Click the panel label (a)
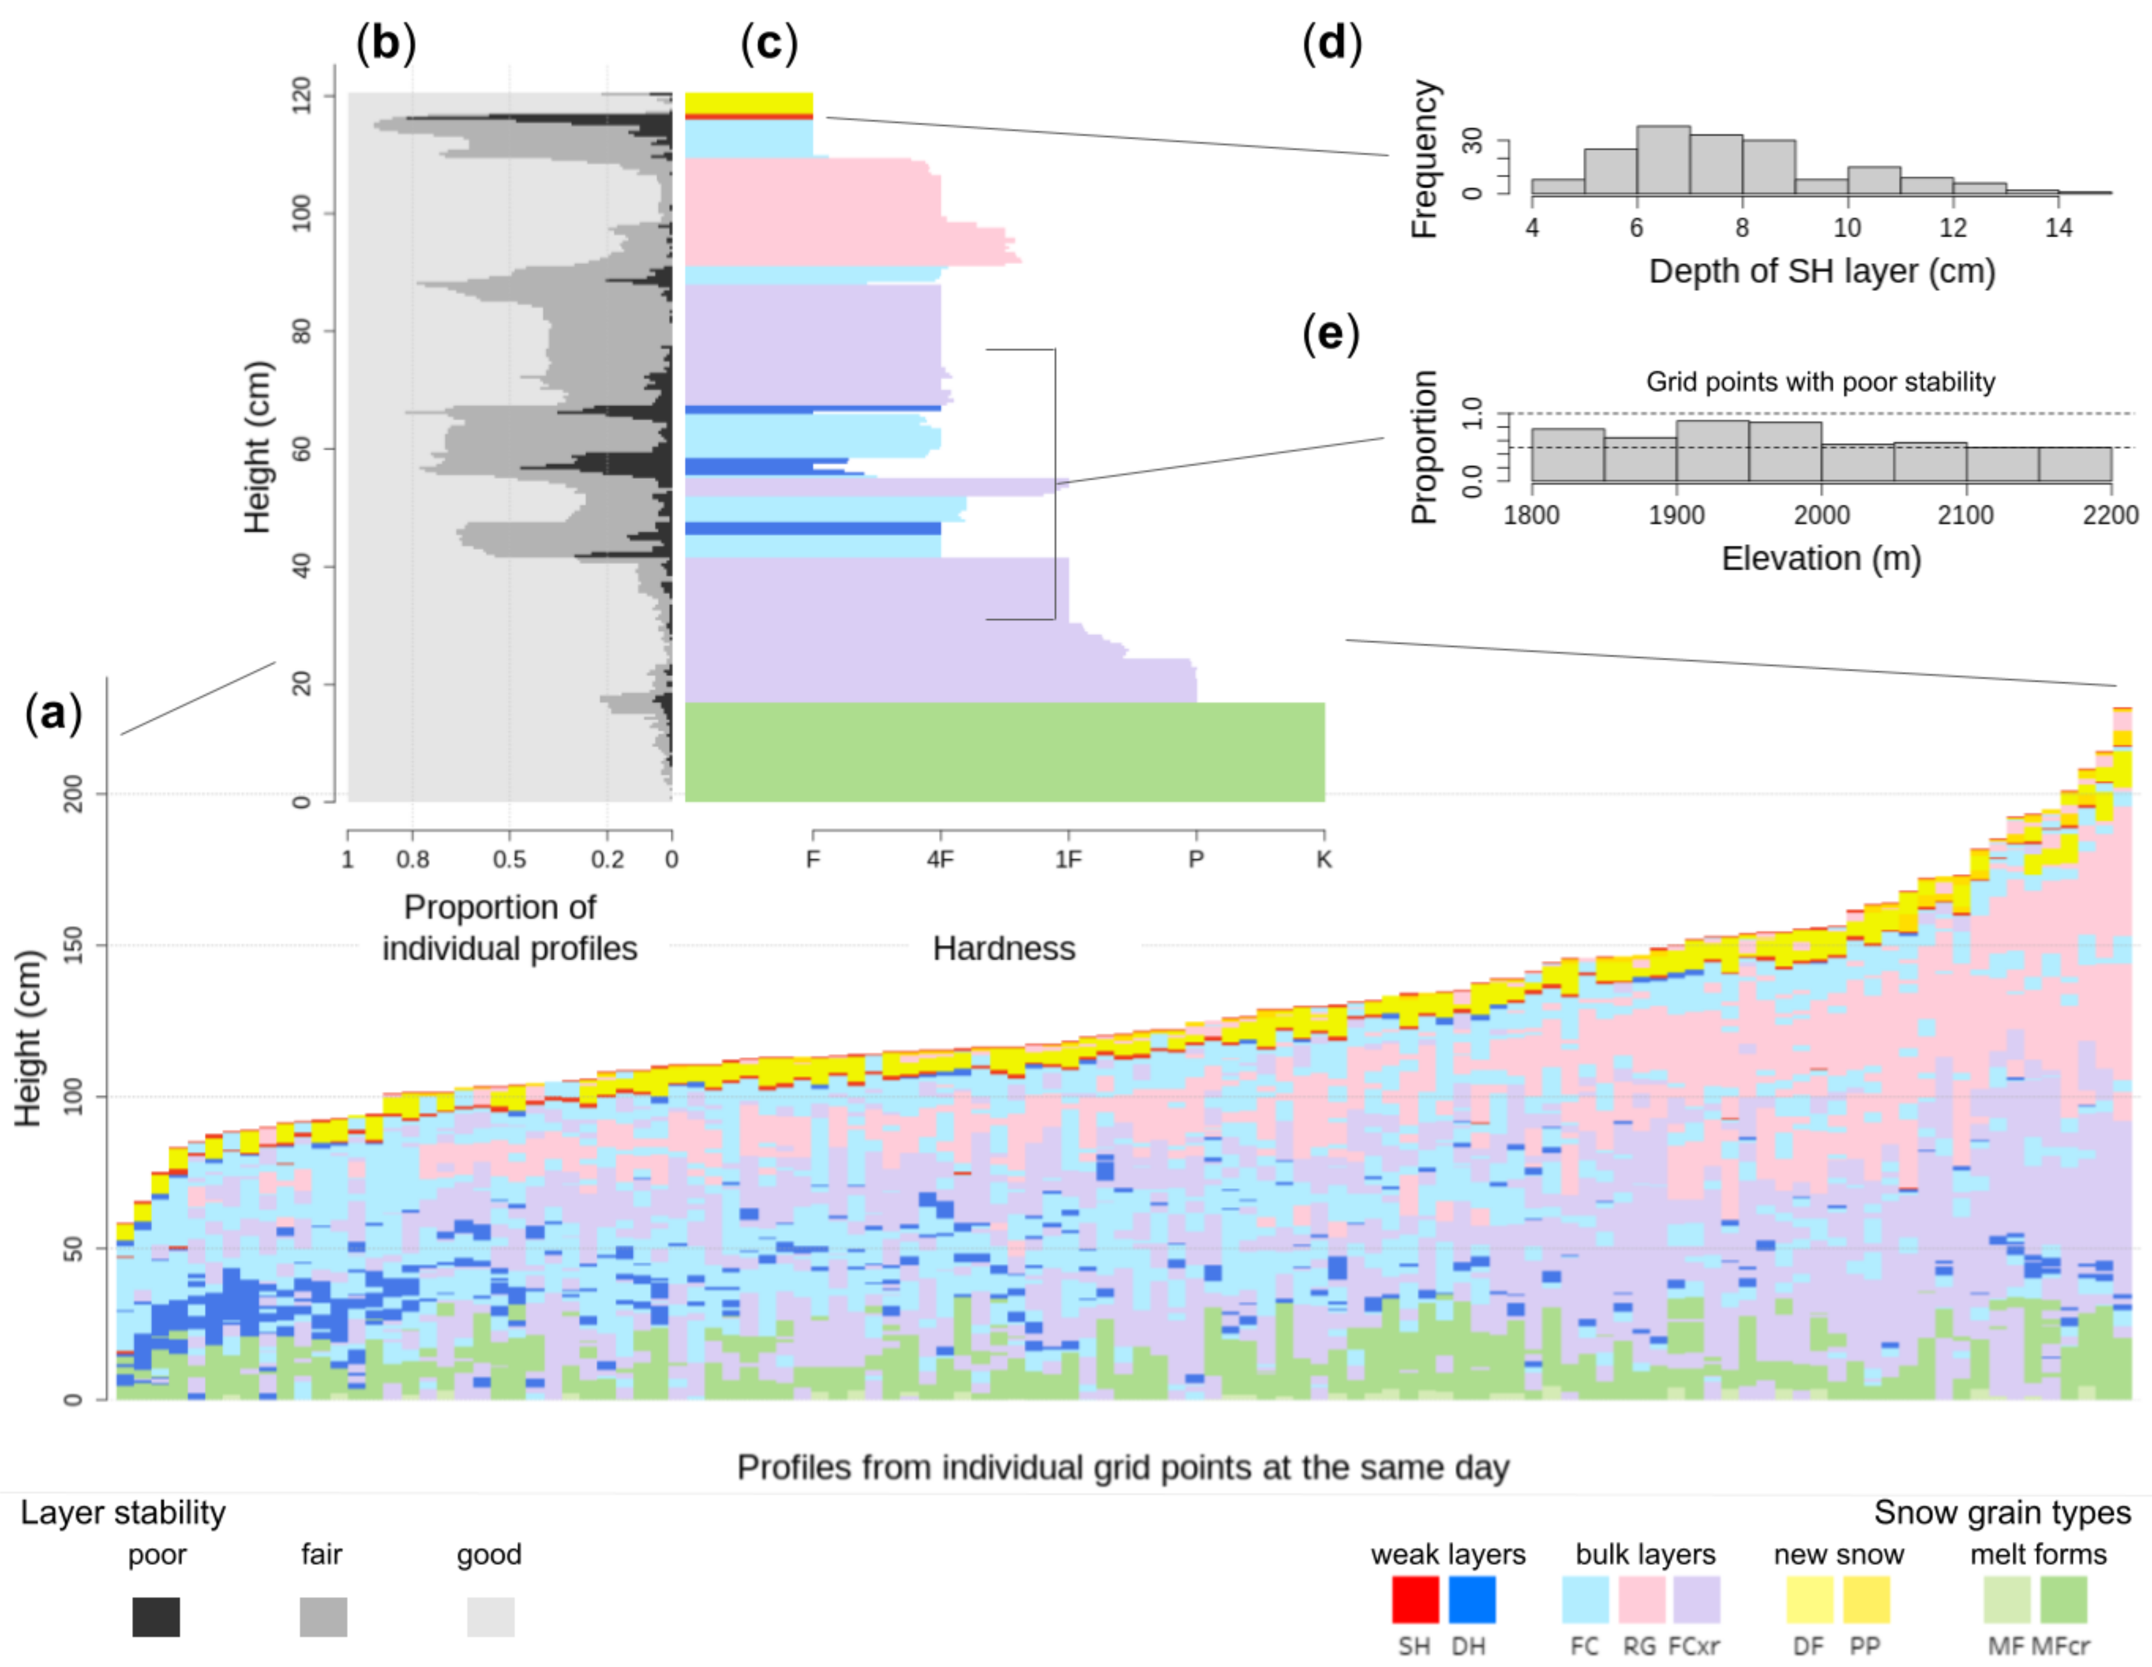pyautogui.click(x=53, y=712)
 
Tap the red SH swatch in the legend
pyautogui.click(x=1415, y=1599)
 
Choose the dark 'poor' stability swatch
pyautogui.click(x=156, y=1617)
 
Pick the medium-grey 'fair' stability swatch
pyautogui.click(x=323, y=1617)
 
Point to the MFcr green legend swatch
pyautogui.click(x=2063, y=1599)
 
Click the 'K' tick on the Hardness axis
pyautogui.click(x=1323, y=859)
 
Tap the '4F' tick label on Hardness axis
pyautogui.click(x=940, y=859)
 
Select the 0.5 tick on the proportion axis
pyautogui.click(x=509, y=859)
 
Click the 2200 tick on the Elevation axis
pyautogui.click(x=2110, y=515)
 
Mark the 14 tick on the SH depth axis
pyautogui.click(x=2059, y=228)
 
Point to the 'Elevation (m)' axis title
pyautogui.click(x=1821, y=559)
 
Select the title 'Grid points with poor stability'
pyautogui.click(x=1820, y=382)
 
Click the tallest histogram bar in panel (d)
pyautogui.click(x=1663, y=160)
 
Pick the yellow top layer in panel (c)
pyautogui.click(x=749, y=103)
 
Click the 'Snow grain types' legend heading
pyautogui.click(x=2002, y=1512)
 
